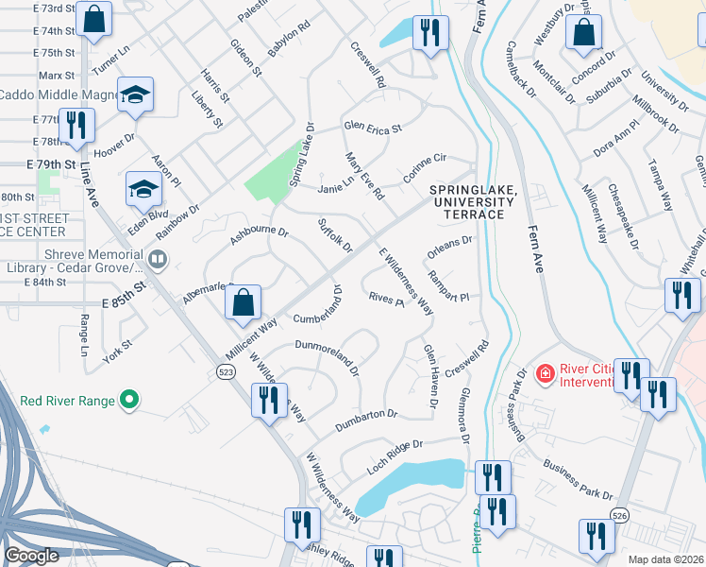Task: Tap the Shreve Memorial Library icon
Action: coord(158,259)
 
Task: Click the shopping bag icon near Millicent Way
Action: coord(243,302)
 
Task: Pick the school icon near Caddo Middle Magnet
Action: coord(136,94)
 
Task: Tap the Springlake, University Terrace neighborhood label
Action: coord(473,202)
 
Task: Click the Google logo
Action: coord(31,556)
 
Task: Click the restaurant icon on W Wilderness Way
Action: coord(269,401)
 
